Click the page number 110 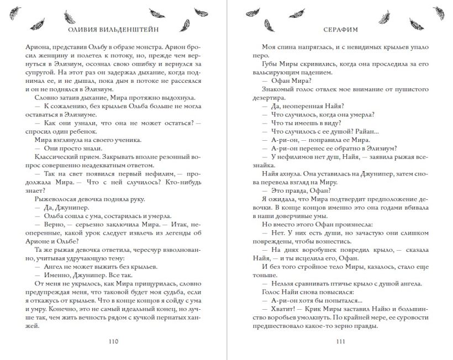[x=114, y=341]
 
